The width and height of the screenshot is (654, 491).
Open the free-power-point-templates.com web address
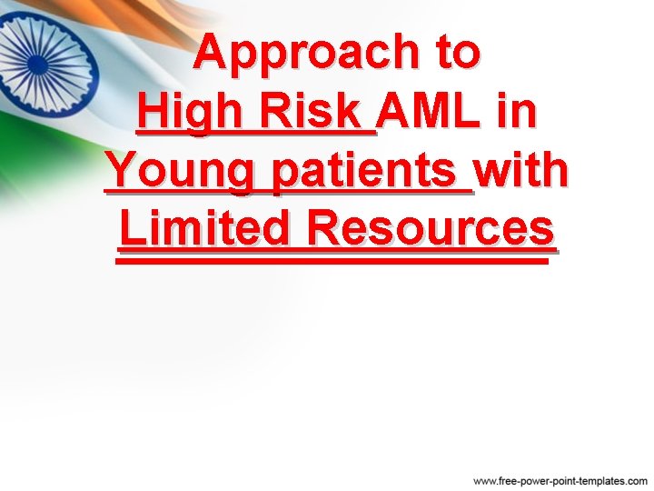(560, 479)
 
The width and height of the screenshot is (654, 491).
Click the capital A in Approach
(211, 53)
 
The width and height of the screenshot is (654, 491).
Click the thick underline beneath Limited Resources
(332, 259)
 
